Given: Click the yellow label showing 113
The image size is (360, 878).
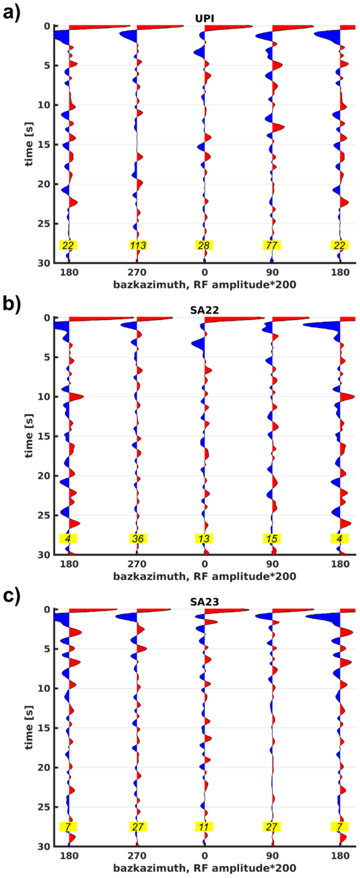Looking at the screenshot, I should [137, 245].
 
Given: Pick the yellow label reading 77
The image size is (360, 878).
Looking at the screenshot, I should [272, 245].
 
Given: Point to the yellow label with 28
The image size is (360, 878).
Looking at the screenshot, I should [204, 245].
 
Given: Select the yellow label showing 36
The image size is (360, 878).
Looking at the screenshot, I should [138, 538].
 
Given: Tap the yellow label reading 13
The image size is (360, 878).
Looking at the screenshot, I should [204, 538].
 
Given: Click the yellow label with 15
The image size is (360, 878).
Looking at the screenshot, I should [272, 538].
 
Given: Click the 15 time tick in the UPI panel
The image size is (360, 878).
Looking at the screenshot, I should [44, 145].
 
